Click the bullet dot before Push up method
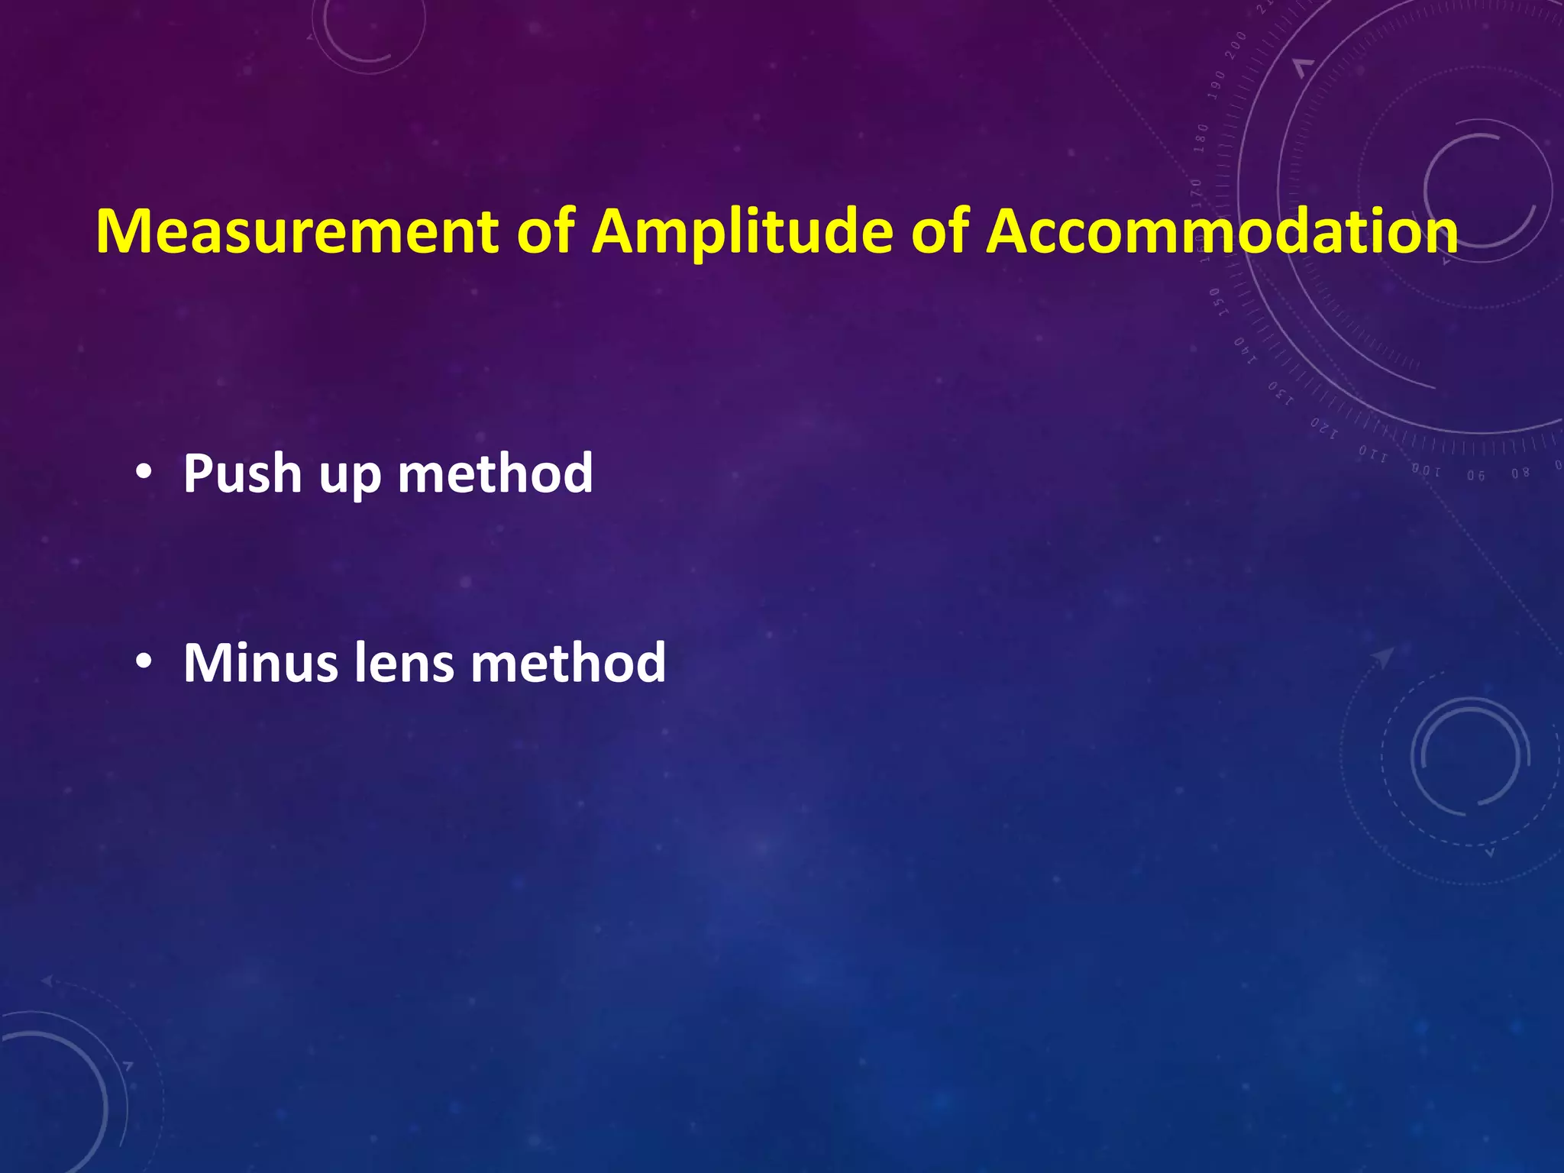click(x=143, y=474)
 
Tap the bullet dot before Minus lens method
click(x=143, y=662)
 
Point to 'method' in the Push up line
click(x=495, y=474)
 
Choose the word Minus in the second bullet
click(x=260, y=662)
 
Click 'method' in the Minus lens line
click(x=567, y=662)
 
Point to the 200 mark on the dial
click(x=1235, y=47)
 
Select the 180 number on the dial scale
click(x=1202, y=137)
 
